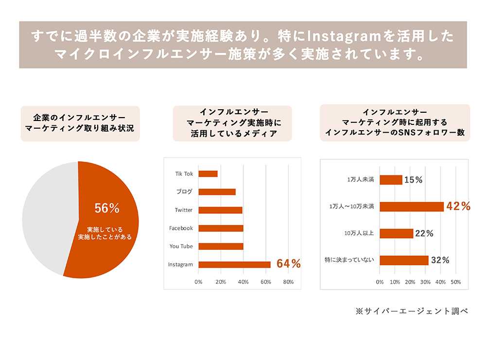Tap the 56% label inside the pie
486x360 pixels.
click(x=107, y=208)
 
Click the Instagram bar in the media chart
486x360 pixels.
click(x=234, y=265)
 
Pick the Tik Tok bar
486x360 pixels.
click(x=208, y=174)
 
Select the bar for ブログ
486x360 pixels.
click(x=217, y=192)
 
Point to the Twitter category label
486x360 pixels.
click(x=184, y=210)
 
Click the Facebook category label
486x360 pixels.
click(x=181, y=228)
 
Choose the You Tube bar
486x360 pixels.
click(x=221, y=246)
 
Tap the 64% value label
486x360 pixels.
click(x=289, y=264)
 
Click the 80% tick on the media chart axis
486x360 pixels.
click(x=288, y=282)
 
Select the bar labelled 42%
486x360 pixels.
click(x=411, y=206)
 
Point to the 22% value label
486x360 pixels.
click(x=424, y=234)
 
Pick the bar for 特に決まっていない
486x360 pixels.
click(x=404, y=260)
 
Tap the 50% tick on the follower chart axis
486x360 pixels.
click(x=455, y=282)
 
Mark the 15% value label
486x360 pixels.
click(x=413, y=180)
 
